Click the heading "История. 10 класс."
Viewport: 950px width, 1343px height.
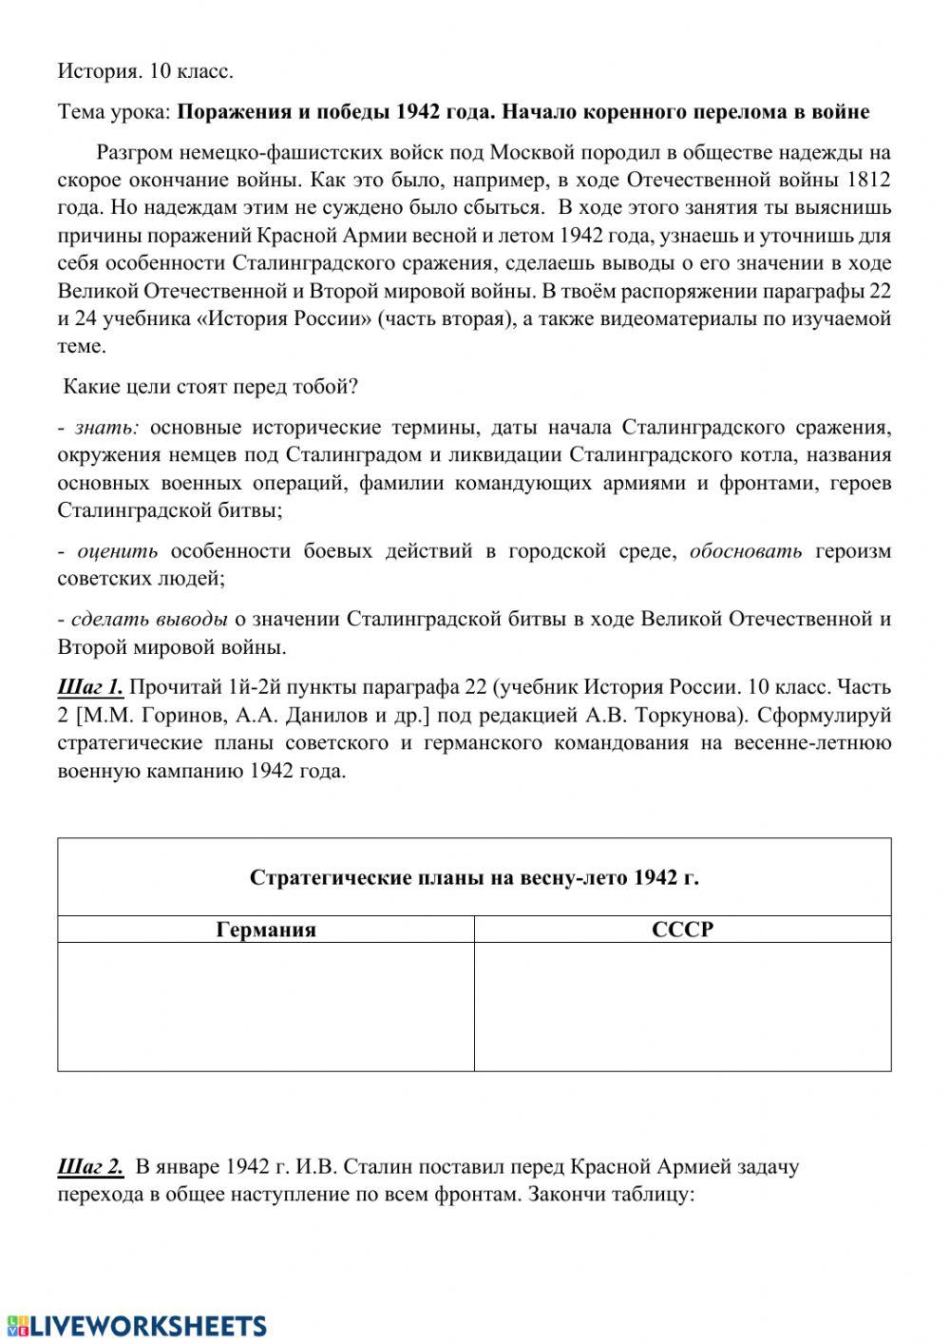point(145,71)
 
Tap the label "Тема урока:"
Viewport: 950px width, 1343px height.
point(114,112)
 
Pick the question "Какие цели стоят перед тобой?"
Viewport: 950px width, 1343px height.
point(210,387)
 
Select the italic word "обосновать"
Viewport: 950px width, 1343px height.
point(746,551)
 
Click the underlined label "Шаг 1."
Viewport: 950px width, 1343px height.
point(90,687)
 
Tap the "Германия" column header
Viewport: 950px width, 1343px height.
point(266,930)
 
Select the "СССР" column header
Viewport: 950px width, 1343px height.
point(682,930)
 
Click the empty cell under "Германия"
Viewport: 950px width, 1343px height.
point(266,1007)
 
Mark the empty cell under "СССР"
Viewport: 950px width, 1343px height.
point(682,1007)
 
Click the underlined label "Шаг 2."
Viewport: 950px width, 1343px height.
point(90,1166)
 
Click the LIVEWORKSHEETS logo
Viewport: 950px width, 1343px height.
point(135,1326)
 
